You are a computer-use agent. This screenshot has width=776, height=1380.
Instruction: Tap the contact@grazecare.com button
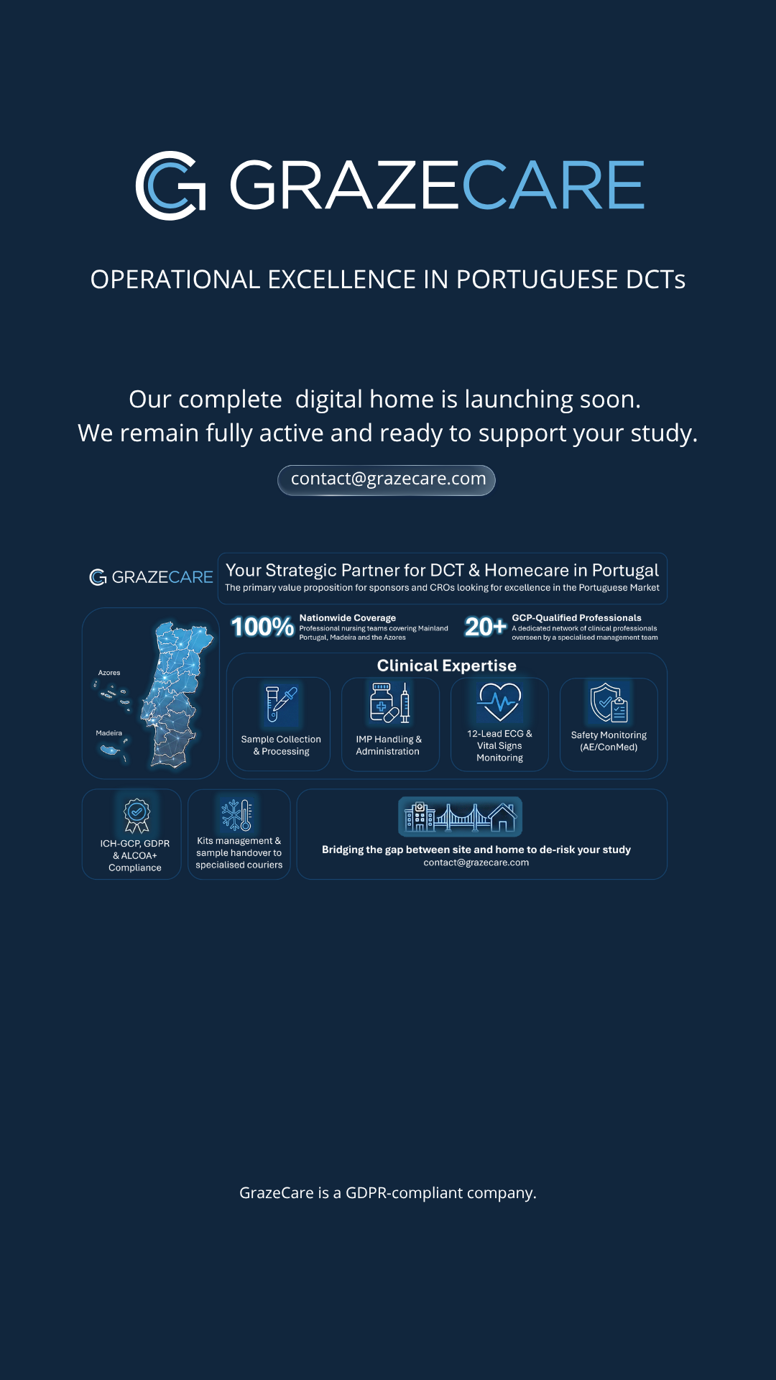(387, 480)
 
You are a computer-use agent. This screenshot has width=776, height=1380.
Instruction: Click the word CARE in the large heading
(553, 185)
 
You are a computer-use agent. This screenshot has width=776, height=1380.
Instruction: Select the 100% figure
(262, 627)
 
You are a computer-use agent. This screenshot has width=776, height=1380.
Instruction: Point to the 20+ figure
(486, 627)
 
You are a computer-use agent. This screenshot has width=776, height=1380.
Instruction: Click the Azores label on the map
(109, 673)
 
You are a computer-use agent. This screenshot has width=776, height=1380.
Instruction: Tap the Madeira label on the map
(109, 733)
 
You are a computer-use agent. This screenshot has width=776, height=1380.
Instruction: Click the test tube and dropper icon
(281, 704)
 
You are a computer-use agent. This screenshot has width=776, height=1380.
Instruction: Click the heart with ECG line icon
(500, 701)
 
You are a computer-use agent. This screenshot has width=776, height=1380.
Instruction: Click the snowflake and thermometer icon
(236, 815)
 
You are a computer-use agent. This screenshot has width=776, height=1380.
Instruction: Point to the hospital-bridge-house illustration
(461, 817)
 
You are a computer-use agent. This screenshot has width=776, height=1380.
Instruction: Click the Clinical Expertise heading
(447, 666)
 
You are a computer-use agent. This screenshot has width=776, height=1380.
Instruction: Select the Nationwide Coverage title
(348, 618)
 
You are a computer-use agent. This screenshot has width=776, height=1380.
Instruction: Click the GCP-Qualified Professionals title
(577, 618)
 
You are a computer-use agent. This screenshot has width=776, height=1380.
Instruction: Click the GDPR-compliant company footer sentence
(388, 1193)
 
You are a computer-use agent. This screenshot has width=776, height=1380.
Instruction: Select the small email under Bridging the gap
(476, 862)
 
